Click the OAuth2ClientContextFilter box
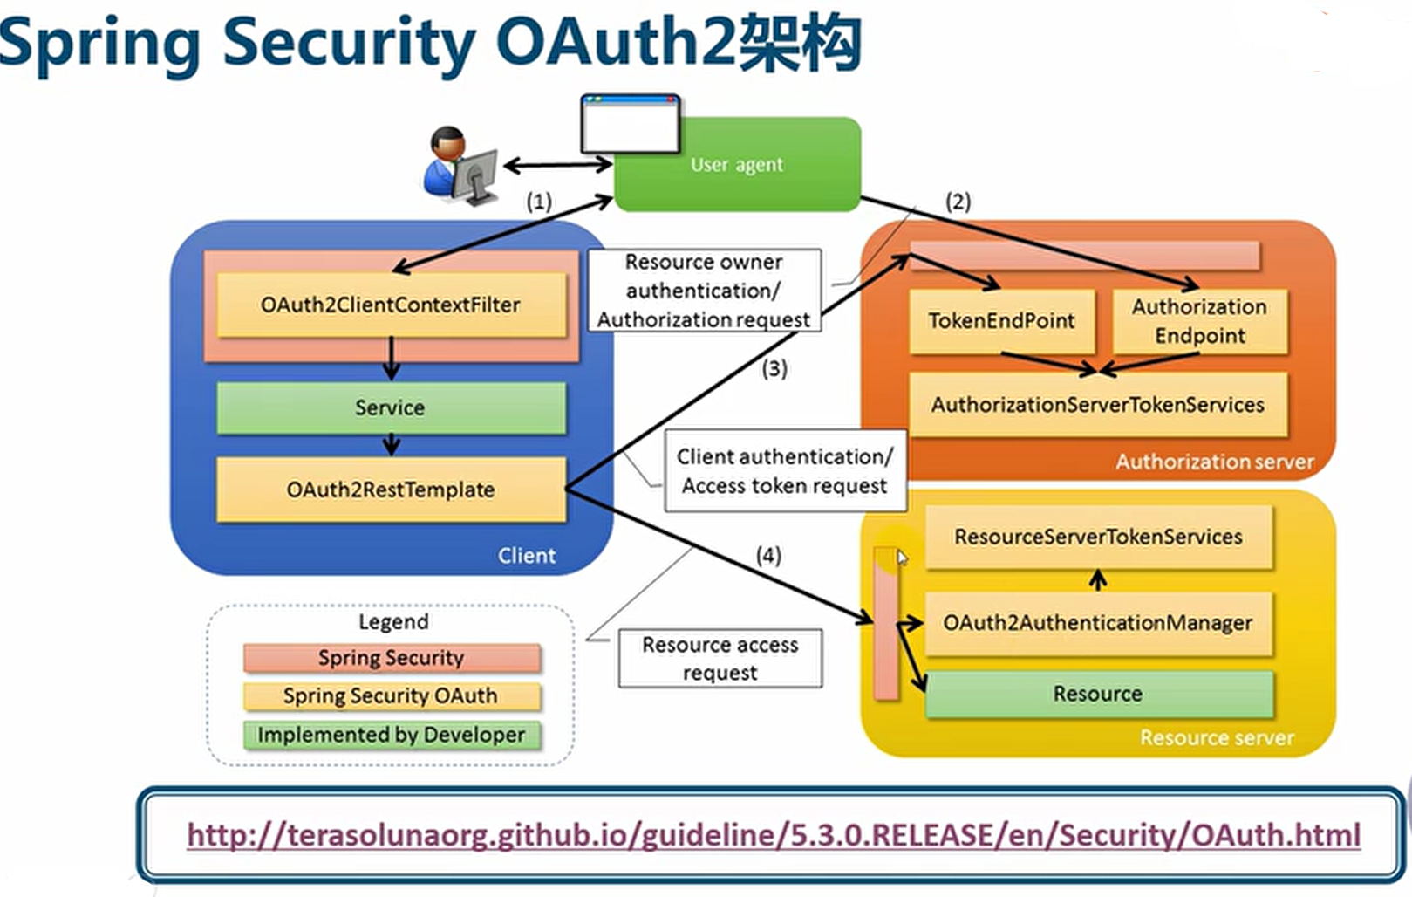(391, 305)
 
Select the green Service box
(391, 407)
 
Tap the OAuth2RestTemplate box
(391, 490)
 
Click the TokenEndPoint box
(1001, 320)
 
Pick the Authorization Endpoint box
(1199, 320)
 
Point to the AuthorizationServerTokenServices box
(1098, 404)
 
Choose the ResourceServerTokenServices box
(1098, 537)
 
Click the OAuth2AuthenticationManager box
(1098, 623)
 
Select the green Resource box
(1098, 694)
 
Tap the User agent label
(737, 165)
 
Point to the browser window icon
(631, 124)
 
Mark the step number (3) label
(774, 368)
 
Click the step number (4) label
(768, 556)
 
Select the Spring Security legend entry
(392, 658)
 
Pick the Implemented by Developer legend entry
(392, 735)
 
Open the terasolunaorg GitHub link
(774, 835)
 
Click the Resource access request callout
(720, 659)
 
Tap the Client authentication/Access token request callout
(786, 471)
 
